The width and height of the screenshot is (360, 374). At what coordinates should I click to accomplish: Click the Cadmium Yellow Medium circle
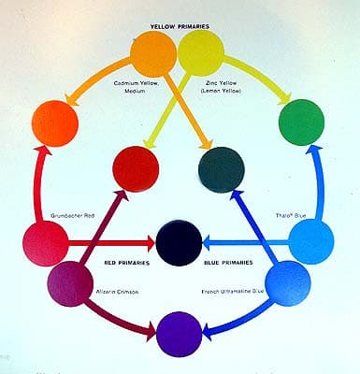154,54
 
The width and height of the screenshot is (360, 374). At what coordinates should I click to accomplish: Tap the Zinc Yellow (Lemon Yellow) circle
200,54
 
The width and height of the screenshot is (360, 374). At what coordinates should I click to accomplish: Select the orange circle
55,121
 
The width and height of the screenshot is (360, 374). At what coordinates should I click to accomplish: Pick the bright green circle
302,121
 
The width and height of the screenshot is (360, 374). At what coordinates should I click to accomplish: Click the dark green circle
223,169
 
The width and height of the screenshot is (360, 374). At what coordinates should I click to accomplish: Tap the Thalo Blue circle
311,241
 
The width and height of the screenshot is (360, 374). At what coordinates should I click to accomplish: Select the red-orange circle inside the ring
136,168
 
